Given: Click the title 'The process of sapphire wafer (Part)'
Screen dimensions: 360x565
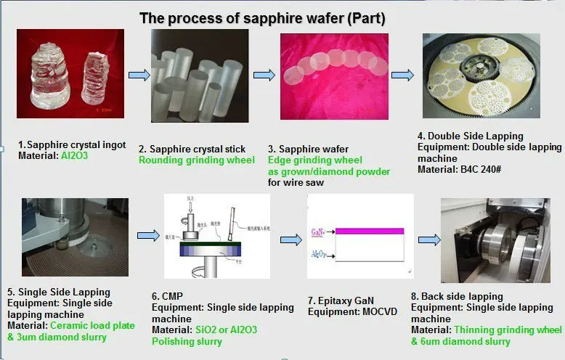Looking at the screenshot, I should [262, 17].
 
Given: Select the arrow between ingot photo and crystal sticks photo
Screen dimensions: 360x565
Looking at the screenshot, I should [139, 75].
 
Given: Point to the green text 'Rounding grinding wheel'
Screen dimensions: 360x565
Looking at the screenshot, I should [196, 160].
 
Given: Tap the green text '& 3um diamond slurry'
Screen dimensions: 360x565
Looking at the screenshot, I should [57, 337].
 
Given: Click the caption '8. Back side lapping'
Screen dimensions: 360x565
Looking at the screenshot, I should [457, 296].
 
